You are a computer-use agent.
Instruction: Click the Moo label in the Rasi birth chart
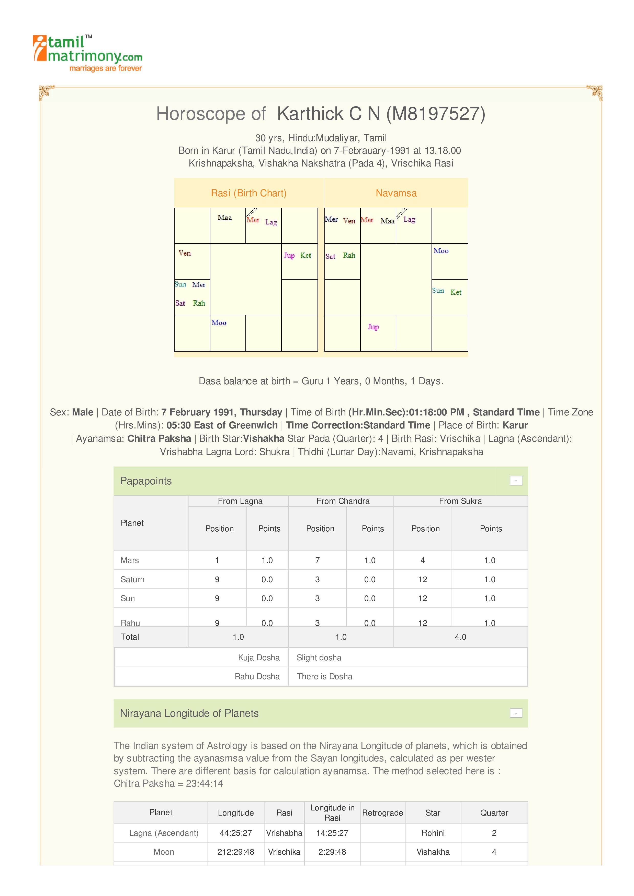219,323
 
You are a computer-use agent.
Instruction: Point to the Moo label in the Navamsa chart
441,251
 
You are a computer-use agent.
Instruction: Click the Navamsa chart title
396,193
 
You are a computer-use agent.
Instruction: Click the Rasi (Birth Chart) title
248,193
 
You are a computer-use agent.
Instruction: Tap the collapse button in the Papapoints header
516,481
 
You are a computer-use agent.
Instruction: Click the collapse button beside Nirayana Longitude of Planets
516,713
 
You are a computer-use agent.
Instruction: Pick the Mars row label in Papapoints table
130,560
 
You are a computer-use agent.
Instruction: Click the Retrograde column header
382,813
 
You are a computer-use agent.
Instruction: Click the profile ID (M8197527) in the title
436,114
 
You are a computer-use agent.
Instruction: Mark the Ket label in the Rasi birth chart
305,255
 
